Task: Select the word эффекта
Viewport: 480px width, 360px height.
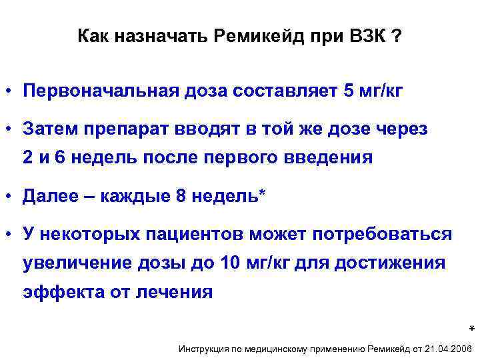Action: pos(59,292)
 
